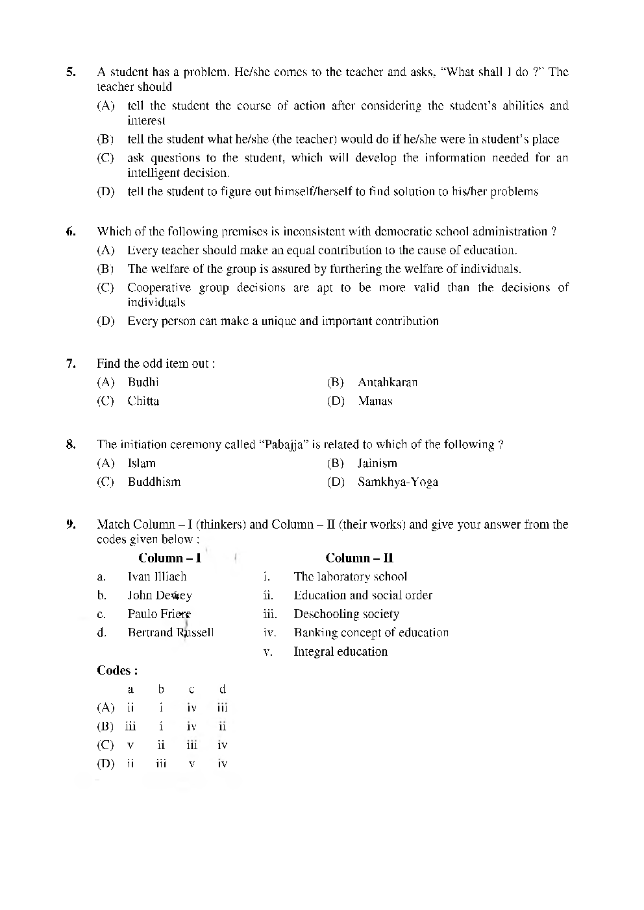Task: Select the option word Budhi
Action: (143, 382)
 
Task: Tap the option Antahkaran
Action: (388, 382)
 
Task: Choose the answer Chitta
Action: (143, 401)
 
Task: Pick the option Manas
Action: (375, 401)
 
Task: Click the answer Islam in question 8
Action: (142, 463)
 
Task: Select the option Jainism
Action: (377, 463)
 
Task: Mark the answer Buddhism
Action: (154, 482)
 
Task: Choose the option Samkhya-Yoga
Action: (397, 482)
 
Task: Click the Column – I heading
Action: (169, 558)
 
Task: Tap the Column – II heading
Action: (359, 558)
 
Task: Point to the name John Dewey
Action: (159, 595)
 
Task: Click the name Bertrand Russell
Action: (170, 632)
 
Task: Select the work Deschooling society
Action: (346, 614)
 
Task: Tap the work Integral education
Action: (340, 651)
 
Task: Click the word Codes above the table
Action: (117, 670)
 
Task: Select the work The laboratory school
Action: (350, 577)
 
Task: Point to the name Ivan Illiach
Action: (156, 577)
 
